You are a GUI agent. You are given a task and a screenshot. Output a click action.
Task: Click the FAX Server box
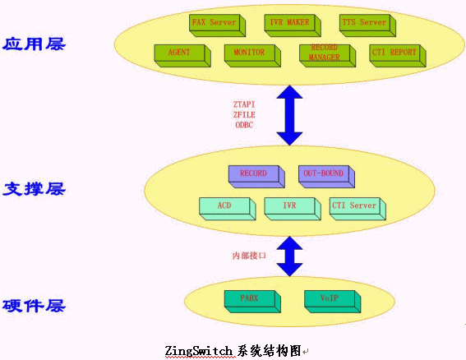coord(217,25)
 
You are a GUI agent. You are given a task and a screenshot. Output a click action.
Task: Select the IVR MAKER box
coord(293,25)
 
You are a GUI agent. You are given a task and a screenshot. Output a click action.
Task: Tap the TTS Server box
coord(367,25)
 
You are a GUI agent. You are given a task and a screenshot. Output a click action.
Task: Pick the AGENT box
coord(182,56)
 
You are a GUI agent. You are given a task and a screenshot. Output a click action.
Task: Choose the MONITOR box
coord(252,56)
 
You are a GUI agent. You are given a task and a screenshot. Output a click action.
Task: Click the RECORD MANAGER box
coord(327,56)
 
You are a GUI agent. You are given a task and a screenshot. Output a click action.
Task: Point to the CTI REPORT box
coord(398,56)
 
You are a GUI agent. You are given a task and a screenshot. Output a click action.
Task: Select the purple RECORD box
coord(256,177)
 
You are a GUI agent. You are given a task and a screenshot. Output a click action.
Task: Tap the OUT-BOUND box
coord(326,177)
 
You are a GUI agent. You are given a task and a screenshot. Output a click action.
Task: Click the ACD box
coord(228,209)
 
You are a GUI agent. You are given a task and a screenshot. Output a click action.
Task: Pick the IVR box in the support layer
coord(293,209)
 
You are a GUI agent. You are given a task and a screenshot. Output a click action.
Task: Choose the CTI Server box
coord(358,209)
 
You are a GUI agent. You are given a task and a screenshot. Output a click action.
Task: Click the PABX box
coord(252,302)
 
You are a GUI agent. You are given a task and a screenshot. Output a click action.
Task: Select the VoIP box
coord(333,302)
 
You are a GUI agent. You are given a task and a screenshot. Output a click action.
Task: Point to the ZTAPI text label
coord(244,104)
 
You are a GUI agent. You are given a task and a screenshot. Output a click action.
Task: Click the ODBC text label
coord(244,125)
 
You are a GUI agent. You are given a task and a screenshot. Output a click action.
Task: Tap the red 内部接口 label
coord(249,256)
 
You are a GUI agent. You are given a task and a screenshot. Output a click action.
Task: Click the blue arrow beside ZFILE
coord(289,115)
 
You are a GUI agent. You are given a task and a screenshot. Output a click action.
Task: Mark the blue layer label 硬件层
coord(34,306)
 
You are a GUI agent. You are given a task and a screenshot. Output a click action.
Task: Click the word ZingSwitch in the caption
coord(198,351)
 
